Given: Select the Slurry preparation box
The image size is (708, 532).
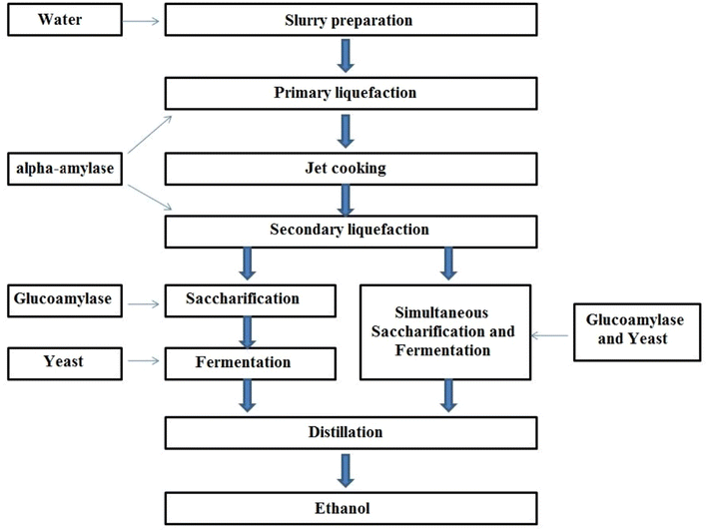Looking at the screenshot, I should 344,19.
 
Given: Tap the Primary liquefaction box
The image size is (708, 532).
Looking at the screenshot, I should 344,93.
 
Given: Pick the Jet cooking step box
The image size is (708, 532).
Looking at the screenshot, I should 344,168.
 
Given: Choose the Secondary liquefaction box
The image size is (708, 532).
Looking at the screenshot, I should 350,231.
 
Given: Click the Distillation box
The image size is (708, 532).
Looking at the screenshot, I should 344,433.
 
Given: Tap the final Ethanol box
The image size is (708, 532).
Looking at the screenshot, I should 344,508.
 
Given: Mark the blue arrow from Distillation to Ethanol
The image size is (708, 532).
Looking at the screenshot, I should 344,470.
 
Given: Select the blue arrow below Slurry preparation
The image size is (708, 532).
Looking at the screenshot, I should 345,56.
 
